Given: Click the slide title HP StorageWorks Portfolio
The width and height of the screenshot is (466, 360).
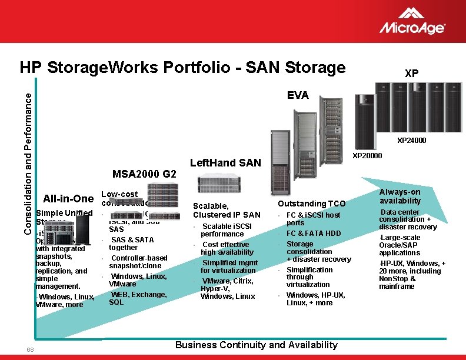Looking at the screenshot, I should [x=182, y=68].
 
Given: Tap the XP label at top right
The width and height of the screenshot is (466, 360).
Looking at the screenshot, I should [x=412, y=74].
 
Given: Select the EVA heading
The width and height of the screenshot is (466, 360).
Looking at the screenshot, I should [x=298, y=95].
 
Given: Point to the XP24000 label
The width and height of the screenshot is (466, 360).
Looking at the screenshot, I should [x=412, y=141].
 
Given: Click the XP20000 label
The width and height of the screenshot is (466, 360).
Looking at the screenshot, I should [x=367, y=156].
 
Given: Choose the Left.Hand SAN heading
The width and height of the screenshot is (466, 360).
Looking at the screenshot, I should [x=226, y=163].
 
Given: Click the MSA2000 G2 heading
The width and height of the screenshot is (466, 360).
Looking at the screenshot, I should [x=144, y=174].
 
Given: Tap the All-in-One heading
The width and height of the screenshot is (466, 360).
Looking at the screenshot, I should [x=68, y=199].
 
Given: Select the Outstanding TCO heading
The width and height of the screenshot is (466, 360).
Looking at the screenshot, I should [x=312, y=204].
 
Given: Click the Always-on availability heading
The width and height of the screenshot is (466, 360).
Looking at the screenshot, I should [x=400, y=196].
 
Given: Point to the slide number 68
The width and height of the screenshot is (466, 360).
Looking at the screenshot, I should [x=30, y=350].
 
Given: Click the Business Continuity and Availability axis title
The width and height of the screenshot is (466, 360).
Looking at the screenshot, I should [x=257, y=345].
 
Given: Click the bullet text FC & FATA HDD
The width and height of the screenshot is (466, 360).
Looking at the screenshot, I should [x=314, y=234].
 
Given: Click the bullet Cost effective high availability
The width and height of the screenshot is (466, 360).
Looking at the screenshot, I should [x=227, y=248].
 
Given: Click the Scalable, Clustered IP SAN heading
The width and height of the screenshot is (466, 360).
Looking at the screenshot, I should [x=227, y=210].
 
